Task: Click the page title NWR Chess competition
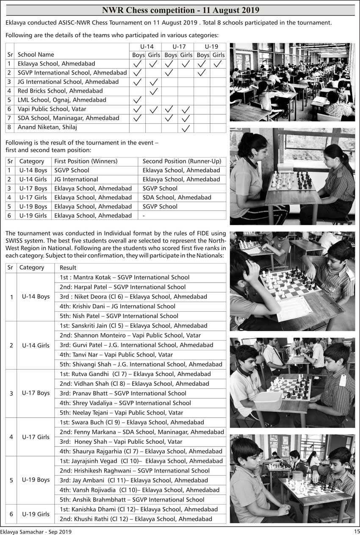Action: pyautogui.click(x=180, y=10)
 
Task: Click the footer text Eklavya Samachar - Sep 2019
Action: pyautogui.click(x=36, y=531)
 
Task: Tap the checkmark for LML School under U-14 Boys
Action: pyautogui.click(x=137, y=100)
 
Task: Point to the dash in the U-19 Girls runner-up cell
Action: pyautogui.click(x=144, y=216)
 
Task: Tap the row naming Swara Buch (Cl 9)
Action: pyautogui.click(x=132, y=422)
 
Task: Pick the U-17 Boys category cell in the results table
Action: pyautogui.click(x=36, y=393)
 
